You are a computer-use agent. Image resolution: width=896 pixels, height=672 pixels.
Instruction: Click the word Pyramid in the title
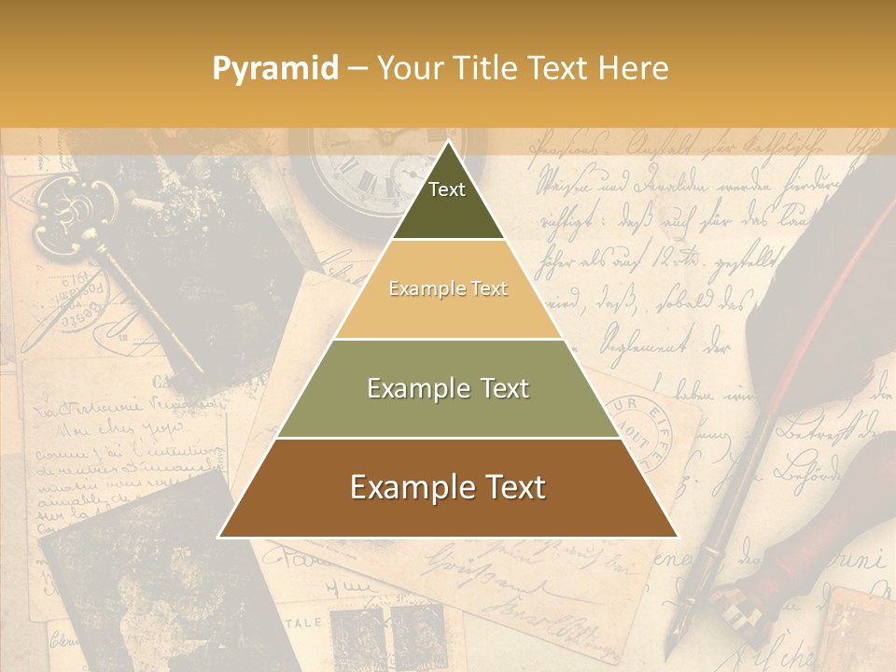pyautogui.click(x=274, y=69)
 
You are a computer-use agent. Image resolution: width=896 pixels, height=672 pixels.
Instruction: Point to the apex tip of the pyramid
pyautogui.click(x=448, y=143)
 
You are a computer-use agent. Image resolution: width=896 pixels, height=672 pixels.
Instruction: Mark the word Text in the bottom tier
pyautogui.click(x=509, y=488)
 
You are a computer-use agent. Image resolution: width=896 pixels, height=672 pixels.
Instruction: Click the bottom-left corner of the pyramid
pyautogui.click(x=219, y=537)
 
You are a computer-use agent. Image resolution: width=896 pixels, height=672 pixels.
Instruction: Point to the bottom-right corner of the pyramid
pyautogui.click(x=677, y=537)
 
